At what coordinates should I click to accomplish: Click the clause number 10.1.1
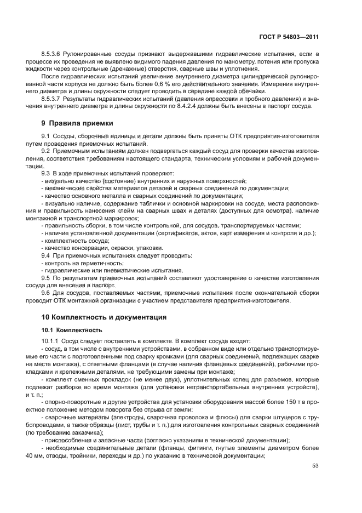click(x=51, y=340)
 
